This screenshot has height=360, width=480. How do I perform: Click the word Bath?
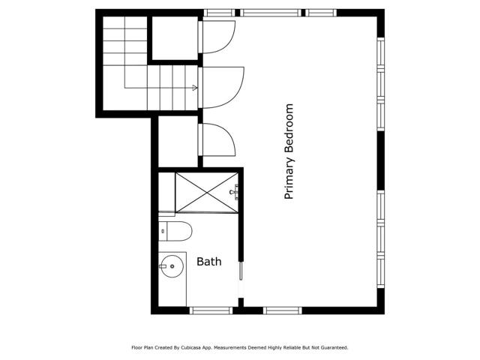point(208,262)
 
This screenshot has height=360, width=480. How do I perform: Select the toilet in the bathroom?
point(175,230)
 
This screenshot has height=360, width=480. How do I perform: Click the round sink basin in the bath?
point(172,265)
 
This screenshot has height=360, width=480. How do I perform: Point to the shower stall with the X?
point(206,193)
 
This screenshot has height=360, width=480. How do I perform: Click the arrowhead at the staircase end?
point(195,88)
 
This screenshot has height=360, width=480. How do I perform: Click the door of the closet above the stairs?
point(218,35)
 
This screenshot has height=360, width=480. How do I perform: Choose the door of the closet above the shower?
point(218,139)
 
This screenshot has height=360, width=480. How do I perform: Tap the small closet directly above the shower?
point(178,140)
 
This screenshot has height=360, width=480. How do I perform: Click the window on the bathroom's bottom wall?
point(211,310)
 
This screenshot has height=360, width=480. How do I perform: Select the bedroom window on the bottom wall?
point(282,310)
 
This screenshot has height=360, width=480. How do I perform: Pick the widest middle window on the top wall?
point(270,13)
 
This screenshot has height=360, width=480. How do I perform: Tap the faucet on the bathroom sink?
point(163,265)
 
